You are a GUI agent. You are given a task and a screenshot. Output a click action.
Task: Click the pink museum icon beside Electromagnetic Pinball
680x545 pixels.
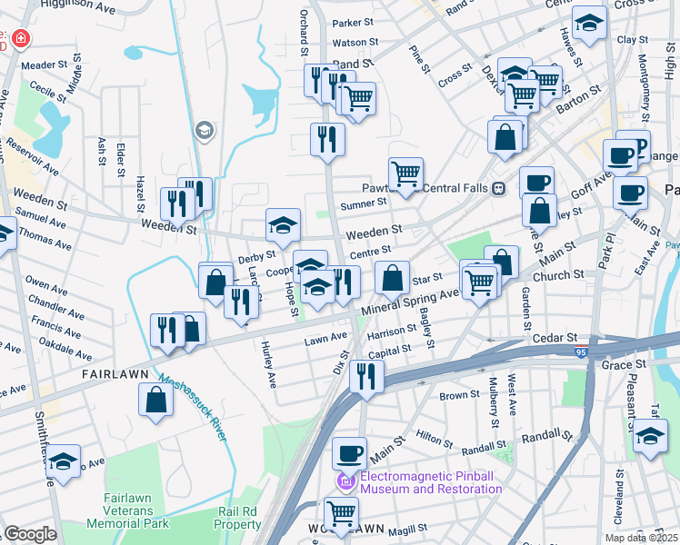point(344,481)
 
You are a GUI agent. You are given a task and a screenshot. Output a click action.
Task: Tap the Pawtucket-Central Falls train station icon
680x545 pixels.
point(499,189)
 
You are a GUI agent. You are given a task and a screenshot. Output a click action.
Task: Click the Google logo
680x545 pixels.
point(30,534)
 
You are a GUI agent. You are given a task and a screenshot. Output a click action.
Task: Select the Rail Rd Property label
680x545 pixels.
point(238,518)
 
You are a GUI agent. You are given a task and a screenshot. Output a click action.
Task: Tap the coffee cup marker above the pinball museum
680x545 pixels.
point(348,451)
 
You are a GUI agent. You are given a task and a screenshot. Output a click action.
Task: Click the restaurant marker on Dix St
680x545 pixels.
point(366,375)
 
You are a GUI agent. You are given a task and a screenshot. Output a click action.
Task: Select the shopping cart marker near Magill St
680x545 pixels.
point(341,512)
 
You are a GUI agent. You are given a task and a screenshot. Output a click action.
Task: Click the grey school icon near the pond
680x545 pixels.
point(205,132)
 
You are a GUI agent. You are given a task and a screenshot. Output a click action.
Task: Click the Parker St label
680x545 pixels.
point(353,23)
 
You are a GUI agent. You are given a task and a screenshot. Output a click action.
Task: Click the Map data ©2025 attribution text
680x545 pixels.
point(641,538)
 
